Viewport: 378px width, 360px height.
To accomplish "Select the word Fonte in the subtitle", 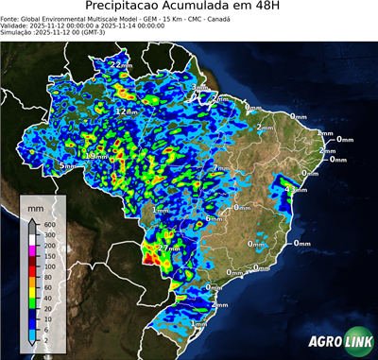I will [x=11, y=17].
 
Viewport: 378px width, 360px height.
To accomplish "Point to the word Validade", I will [x=16, y=25].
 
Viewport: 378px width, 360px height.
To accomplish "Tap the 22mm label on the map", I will [x=121, y=64].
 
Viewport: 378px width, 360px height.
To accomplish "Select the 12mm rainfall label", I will [x=125, y=111].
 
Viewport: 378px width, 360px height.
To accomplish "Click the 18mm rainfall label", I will [x=96, y=155].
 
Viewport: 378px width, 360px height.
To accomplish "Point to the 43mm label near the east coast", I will [x=296, y=190].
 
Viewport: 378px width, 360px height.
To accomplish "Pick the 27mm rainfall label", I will [x=168, y=249].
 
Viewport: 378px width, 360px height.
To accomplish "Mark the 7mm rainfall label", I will [x=222, y=168].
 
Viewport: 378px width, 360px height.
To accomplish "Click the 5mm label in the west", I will [x=66, y=166].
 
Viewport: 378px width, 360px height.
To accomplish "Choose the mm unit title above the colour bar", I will [x=35, y=205].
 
